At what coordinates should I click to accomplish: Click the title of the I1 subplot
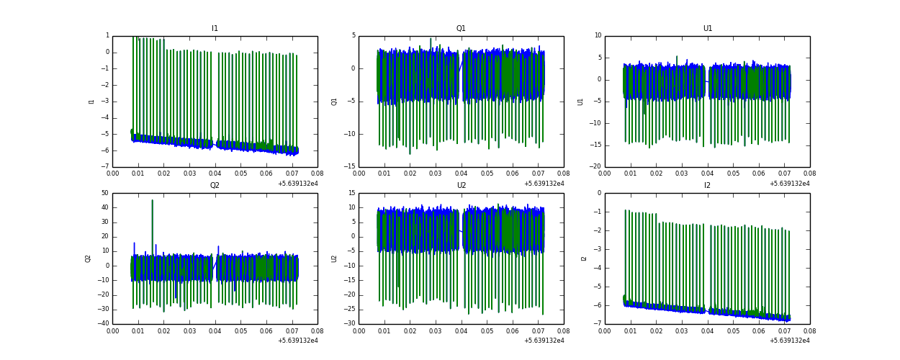point(215,29)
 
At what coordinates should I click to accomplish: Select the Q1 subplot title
point(461,29)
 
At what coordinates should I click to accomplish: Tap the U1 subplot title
point(708,29)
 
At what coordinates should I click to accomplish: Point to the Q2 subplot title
point(215,186)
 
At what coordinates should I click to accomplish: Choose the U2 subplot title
point(461,186)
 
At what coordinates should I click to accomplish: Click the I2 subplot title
point(708,186)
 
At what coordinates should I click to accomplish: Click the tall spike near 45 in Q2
point(152,201)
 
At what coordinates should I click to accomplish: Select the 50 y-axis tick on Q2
point(104,193)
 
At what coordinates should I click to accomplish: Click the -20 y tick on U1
point(596,167)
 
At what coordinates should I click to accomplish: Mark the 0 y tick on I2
point(599,193)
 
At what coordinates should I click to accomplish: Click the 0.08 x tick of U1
point(809,174)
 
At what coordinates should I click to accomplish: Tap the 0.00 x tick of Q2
point(113,330)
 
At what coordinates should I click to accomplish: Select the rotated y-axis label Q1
point(335,102)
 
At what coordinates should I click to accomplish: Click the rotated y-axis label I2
point(584,258)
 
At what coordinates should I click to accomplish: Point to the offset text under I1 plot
point(297,184)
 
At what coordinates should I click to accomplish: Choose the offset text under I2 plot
point(790,341)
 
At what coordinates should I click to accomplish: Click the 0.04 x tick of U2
point(461,330)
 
